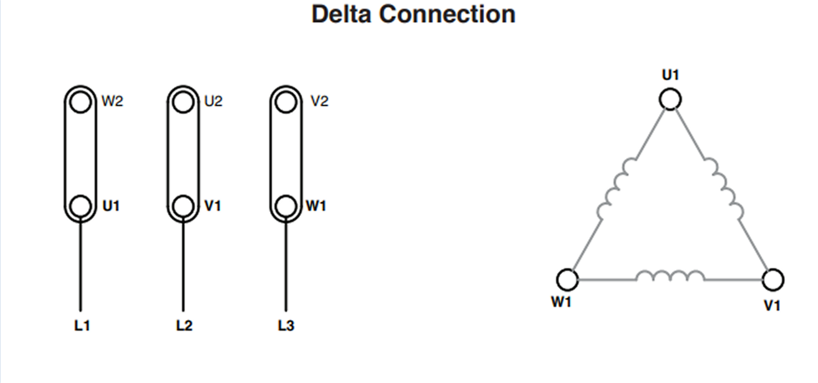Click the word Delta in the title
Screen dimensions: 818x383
tap(341, 14)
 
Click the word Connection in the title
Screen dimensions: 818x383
tap(448, 14)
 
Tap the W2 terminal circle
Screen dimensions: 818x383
tap(80, 102)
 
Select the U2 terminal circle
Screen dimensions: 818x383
tap(183, 102)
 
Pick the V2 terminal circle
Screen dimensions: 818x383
tap(286, 102)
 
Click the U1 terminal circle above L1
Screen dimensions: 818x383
tap(80, 206)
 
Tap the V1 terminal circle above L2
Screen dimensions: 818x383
tap(183, 206)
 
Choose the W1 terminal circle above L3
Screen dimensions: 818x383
tap(286, 206)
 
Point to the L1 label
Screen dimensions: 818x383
tap(82, 325)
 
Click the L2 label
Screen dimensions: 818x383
tap(184, 325)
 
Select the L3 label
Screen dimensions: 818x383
tap(286, 325)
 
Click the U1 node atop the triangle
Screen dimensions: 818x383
tap(670, 99)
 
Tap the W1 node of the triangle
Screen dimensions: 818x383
tap(567, 279)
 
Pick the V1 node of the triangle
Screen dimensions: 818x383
tap(773, 279)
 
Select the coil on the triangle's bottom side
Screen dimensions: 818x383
tap(670, 275)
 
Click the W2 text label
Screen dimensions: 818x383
tap(112, 101)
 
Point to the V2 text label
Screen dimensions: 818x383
tap(319, 101)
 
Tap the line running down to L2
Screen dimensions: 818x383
tap(183, 264)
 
